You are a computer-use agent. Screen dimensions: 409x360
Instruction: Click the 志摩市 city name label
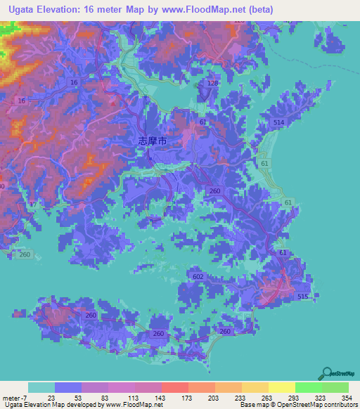pos(152,141)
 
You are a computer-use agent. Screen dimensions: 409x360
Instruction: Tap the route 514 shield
pos(278,123)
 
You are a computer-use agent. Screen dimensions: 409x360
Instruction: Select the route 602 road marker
pos(198,278)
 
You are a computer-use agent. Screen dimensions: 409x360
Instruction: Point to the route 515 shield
pos(303,299)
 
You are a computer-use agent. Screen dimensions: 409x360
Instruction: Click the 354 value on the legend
pos(347,398)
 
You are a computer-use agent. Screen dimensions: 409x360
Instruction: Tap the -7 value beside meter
pos(24,398)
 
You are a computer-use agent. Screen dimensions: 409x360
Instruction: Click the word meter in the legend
pos(11,398)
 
